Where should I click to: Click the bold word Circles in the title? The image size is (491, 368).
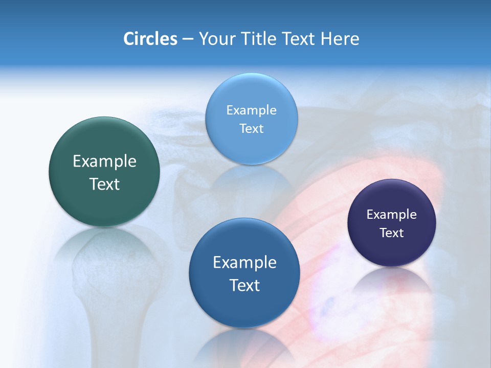click(150, 39)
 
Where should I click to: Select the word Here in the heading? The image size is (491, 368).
click(340, 39)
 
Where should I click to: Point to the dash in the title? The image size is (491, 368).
click(188, 39)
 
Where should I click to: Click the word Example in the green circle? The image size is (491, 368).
click(104, 162)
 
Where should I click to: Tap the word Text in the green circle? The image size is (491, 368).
click(104, 184)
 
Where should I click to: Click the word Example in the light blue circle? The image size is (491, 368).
click(252, 110)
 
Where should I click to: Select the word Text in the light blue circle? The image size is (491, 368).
click(252, 128)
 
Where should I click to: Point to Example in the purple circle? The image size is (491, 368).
click(392, 214)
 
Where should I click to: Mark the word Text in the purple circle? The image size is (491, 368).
click(392, 233)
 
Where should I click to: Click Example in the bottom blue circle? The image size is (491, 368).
click(244, 263)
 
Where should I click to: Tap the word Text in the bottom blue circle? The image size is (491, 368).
click(244, 285)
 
